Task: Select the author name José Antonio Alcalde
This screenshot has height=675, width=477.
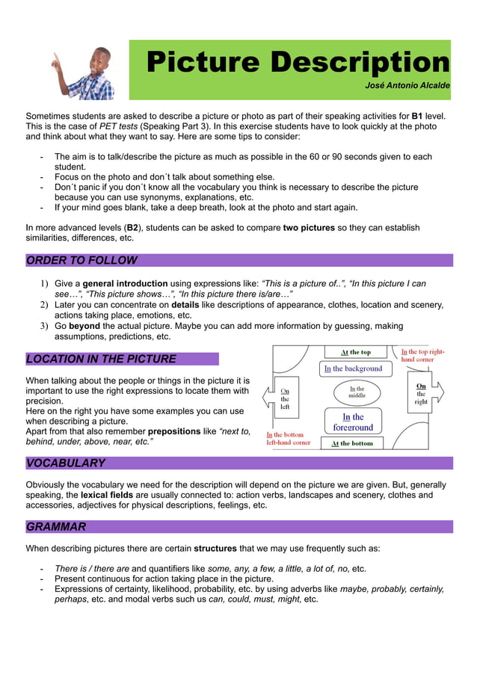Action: pyautogui.click(x=407, y=86)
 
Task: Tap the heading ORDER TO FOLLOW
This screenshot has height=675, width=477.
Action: pyautogui.click(x=81, y=261)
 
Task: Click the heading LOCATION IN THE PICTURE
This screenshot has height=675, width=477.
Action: pyautogui.click(x=101, y=359)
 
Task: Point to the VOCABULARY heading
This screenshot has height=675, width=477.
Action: pyautogui.click(x=66, y=463)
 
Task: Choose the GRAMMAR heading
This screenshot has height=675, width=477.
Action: pyautogui.click(x=56, y=527)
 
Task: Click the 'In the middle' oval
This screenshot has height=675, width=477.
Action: pyautogui.click(x=357, y=392)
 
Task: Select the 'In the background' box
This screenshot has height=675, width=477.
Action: pyautogui.click(x=353, y=369)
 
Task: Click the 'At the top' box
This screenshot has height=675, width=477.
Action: pyautogui.click(x=355, y=352)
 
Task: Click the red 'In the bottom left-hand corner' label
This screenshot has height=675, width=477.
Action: pyautogui.click(x=288, y=439)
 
